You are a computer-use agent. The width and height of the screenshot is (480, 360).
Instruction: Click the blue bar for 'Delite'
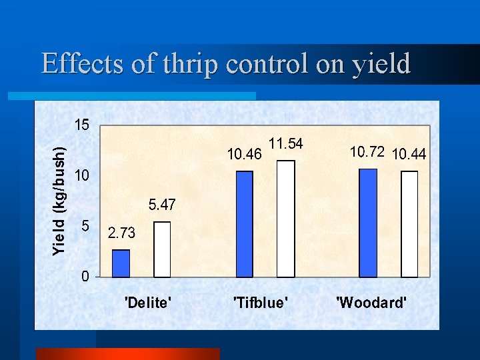pyautogui.click(x=121, y=263)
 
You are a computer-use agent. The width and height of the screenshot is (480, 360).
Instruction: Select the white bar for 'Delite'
pyautogui.click(x=162, y=249)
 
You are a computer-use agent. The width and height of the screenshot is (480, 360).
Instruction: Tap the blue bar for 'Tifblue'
pyautogui.click(x=245, y=224)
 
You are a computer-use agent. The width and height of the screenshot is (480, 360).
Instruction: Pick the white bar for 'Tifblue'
pyautogui.click(x=285, y=219)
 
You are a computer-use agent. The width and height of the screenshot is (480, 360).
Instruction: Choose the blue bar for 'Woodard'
pyautogui.click(x=368, y=223)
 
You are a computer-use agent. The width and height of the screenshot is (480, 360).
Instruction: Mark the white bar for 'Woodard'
pyautogui.click(x=409, y=224)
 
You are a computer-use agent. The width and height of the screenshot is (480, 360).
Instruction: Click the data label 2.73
pyautogui.click(x=121, y=233)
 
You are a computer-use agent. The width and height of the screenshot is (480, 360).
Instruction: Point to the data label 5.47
pyautogui.click(x=162, y=205)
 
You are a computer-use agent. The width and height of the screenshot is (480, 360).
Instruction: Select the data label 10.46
pyautogui.click(x=244, y=155)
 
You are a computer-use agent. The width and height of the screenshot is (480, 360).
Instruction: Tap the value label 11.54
pyautogui.click(x=285, y=143)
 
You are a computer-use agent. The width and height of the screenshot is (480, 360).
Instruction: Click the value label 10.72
pyautogui.click(x=367, y=152)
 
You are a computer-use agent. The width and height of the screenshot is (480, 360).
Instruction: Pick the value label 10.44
pyautogui.click(x=410, y=155)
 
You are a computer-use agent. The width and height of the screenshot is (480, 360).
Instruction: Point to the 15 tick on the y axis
pyautogui.click(x=81, y=125)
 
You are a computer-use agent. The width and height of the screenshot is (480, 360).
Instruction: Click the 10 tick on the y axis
pyautogui.click(x=81, y=176)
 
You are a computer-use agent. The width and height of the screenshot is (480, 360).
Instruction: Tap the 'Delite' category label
pyautogui.click(x=149, y=303)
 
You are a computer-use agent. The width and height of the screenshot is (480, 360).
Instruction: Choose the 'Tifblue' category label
pyautogui.click(x=261, y=303)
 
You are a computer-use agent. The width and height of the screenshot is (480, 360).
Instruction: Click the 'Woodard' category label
pyautogui.click(x=371, y=303)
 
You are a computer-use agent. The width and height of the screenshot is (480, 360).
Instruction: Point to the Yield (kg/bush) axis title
pyautogui.click(x=60, y=201)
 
